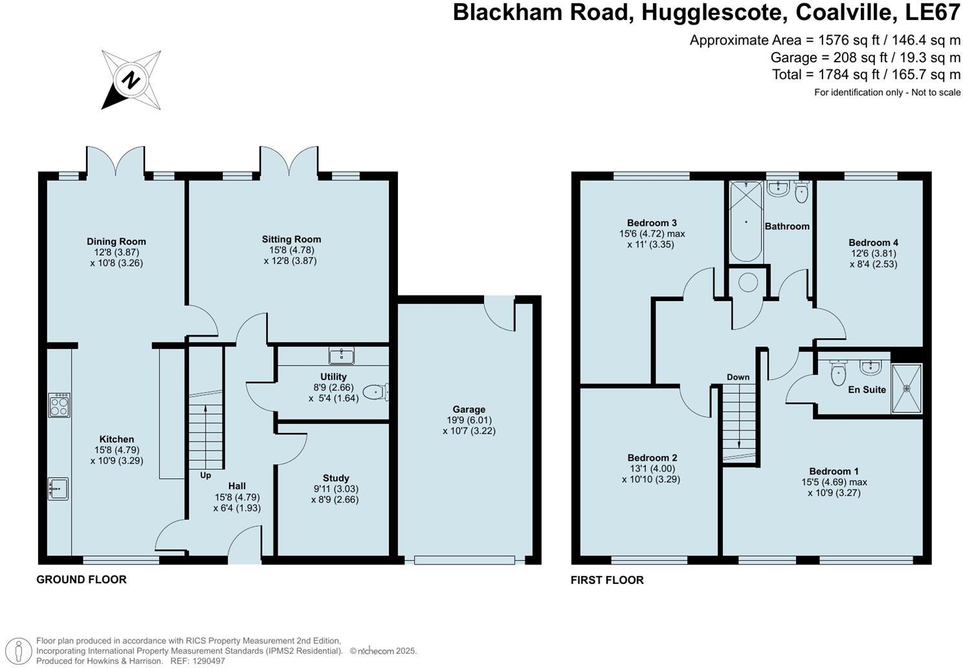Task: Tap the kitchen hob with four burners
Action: [x=60, y=405]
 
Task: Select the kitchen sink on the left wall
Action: [x=58, y=489]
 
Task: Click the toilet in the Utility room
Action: [x=376, y=392]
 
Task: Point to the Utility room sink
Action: [x=341, y=356]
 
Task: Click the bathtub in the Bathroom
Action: [x=746, y=222]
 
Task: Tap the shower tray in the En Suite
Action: [x=907, y=388]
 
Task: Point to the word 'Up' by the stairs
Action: [x=206, y=475]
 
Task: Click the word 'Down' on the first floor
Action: [x=738, y=377]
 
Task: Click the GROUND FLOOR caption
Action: [x=82, y=579]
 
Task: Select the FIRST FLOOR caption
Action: [x=607, y=580]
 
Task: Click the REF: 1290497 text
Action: [x=198, y=661]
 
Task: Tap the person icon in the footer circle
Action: [x=19, y=651]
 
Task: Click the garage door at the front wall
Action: [x=465, y=560]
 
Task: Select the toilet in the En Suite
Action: [x=838, y=372]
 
